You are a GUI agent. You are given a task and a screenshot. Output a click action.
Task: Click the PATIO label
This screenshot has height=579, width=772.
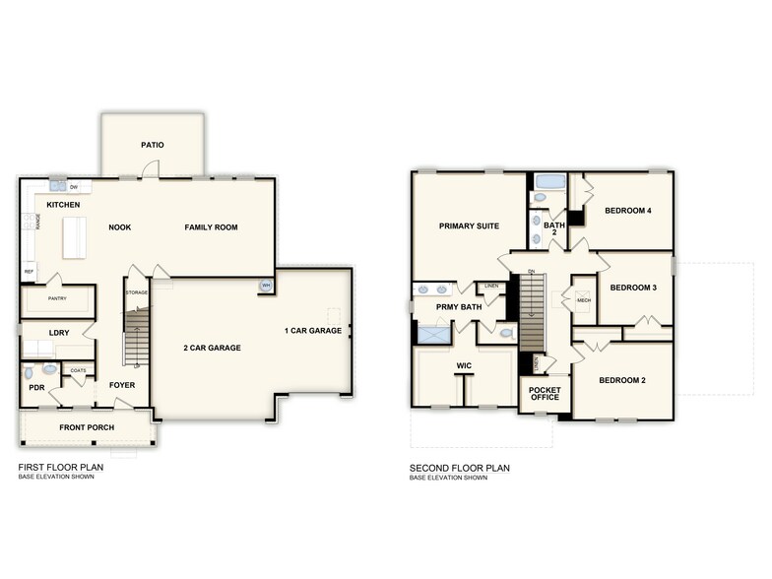pyautogui.click(x=152, y=145)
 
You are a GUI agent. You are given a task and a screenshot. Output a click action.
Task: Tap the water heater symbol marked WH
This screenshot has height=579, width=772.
pyautogui.click(x=265, y=287)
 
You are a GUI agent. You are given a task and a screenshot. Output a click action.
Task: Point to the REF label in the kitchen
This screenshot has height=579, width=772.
pyautogui.click(x=29, y=272)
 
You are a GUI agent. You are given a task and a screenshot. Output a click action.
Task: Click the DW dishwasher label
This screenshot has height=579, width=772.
pyautogui.click(x=74, y=186)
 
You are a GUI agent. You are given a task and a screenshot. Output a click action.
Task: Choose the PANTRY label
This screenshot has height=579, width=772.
pyautogui.click(x=57, y=297)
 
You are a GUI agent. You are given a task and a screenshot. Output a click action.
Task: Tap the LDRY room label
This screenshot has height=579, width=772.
pyautogui.click(x=58, y=333)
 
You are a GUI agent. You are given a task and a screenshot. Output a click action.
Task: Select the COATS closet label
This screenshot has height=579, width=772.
pyautogui.click(x=78, y=371)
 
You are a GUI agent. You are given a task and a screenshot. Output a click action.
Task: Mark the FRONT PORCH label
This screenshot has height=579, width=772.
pyautogui.click(x=87, y=427)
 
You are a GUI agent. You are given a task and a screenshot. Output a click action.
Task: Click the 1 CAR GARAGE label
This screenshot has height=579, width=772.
pyautogui.click(x=313, y=330)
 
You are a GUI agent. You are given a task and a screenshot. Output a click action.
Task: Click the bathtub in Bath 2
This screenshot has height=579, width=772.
pyautogui.click(x=548, y=182)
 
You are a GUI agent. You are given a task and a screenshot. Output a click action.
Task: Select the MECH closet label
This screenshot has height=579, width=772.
pyautogui.click(x=583, y=299)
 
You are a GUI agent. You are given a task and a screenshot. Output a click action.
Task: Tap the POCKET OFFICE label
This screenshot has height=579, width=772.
pyautogui.click(x=544, y=394)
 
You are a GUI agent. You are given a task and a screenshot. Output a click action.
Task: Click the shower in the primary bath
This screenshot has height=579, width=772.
pyautogui.click(x=431, y=335)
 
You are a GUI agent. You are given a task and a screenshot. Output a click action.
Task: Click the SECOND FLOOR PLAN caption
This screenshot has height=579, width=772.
pyautogui.click(x=460, y=469)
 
